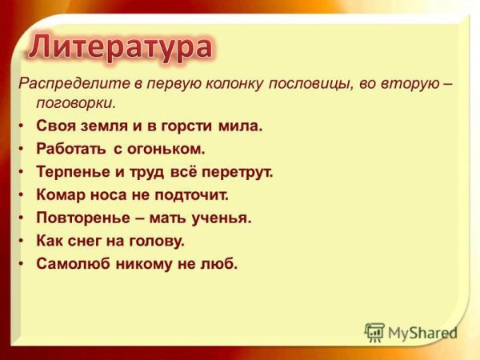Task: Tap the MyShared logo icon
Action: (x=374, y=332)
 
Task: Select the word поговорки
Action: (x=76, y=102)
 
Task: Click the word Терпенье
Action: (x=72, y=172)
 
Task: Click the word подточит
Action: (x=193, y=194)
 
